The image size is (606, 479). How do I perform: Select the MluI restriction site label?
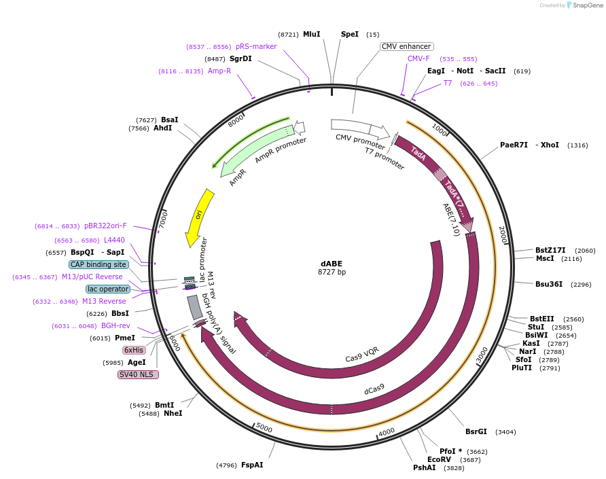(311, 34)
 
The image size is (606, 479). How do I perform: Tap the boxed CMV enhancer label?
(406, 46)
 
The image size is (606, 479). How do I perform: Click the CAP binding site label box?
(98, 264)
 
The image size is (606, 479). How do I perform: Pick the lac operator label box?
(108, 289)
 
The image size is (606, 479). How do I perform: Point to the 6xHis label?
(134, 350)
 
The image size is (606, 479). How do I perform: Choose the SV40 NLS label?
(138, 374)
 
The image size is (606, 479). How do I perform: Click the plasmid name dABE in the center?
(332, 264)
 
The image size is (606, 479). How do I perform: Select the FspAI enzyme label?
(252, 465)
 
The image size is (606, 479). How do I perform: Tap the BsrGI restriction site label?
(476, 431)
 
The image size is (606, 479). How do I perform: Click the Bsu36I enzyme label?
(548, 284)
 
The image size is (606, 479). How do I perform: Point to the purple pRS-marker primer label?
(256, 46)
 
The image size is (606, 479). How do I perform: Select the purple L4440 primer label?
(114, 240)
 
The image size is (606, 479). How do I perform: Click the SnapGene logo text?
(588, 5)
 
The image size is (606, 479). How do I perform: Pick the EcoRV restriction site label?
(440, 459)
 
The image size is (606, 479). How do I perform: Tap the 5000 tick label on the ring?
(264, 428)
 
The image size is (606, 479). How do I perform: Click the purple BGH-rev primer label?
(115, 325)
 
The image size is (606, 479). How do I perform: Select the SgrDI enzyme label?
(240, 58)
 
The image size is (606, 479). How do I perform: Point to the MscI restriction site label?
(545, 258)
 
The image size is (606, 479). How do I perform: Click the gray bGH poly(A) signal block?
(194, 307)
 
